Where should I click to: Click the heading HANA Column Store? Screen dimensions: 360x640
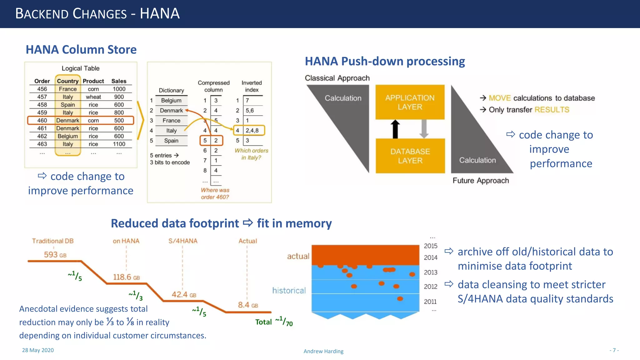tap(81, 50)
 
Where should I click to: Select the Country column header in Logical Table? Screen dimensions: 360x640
tap(67, 81)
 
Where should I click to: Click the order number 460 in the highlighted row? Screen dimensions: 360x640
tap(42, 120)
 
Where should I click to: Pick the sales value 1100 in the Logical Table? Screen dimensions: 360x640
tap(119, 144)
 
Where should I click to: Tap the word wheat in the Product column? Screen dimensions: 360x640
tap(93, 97)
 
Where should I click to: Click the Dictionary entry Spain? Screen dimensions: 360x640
tap(171, 141)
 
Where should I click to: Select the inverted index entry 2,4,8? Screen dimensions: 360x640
tap(252, 130)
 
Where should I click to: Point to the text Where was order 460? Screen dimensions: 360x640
tap(215, 193)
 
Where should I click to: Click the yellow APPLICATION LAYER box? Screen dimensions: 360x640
tap(410, 102)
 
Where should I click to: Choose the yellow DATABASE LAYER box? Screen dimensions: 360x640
tap(410, 156)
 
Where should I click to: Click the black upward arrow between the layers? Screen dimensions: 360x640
tap(395, 129)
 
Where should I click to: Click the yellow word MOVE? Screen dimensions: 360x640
tap(499, 98)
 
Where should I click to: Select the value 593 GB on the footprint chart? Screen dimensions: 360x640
tap(55, 255)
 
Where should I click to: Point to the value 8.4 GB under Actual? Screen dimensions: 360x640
tap(248, 305)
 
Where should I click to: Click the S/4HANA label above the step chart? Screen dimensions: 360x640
tap(183, 241)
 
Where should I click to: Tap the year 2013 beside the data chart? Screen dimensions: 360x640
tap(430, 272)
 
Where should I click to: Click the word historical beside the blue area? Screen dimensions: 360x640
tap(289, 291)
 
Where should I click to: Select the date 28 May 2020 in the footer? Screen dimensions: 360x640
tap(38, 350)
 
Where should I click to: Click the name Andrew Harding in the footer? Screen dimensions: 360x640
tap(323, 351)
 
